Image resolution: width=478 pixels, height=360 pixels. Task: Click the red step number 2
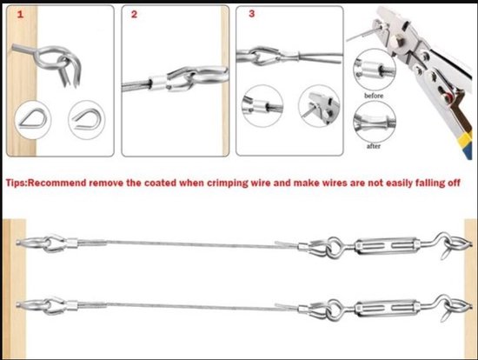[134, 15]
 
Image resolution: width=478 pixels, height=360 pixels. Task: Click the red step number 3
[251, 14]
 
